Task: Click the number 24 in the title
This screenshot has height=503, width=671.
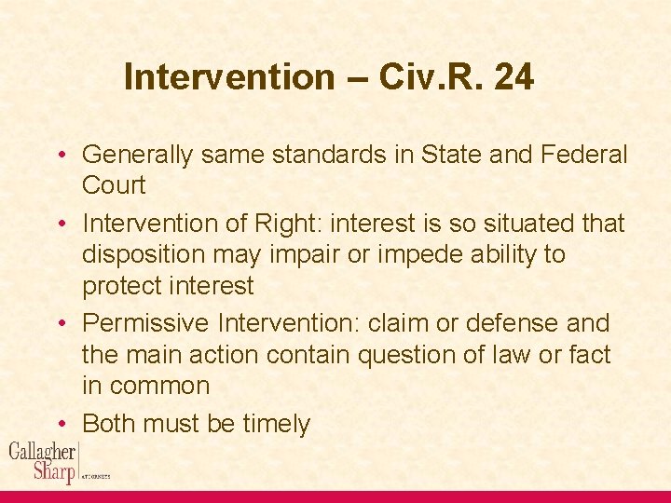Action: click(x=514, y=77)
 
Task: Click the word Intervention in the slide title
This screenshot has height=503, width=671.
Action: click(x=228, y=77)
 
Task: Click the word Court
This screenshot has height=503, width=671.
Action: click(x=114, y=184)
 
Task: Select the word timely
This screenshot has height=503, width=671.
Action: click(x=276, y=424)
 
